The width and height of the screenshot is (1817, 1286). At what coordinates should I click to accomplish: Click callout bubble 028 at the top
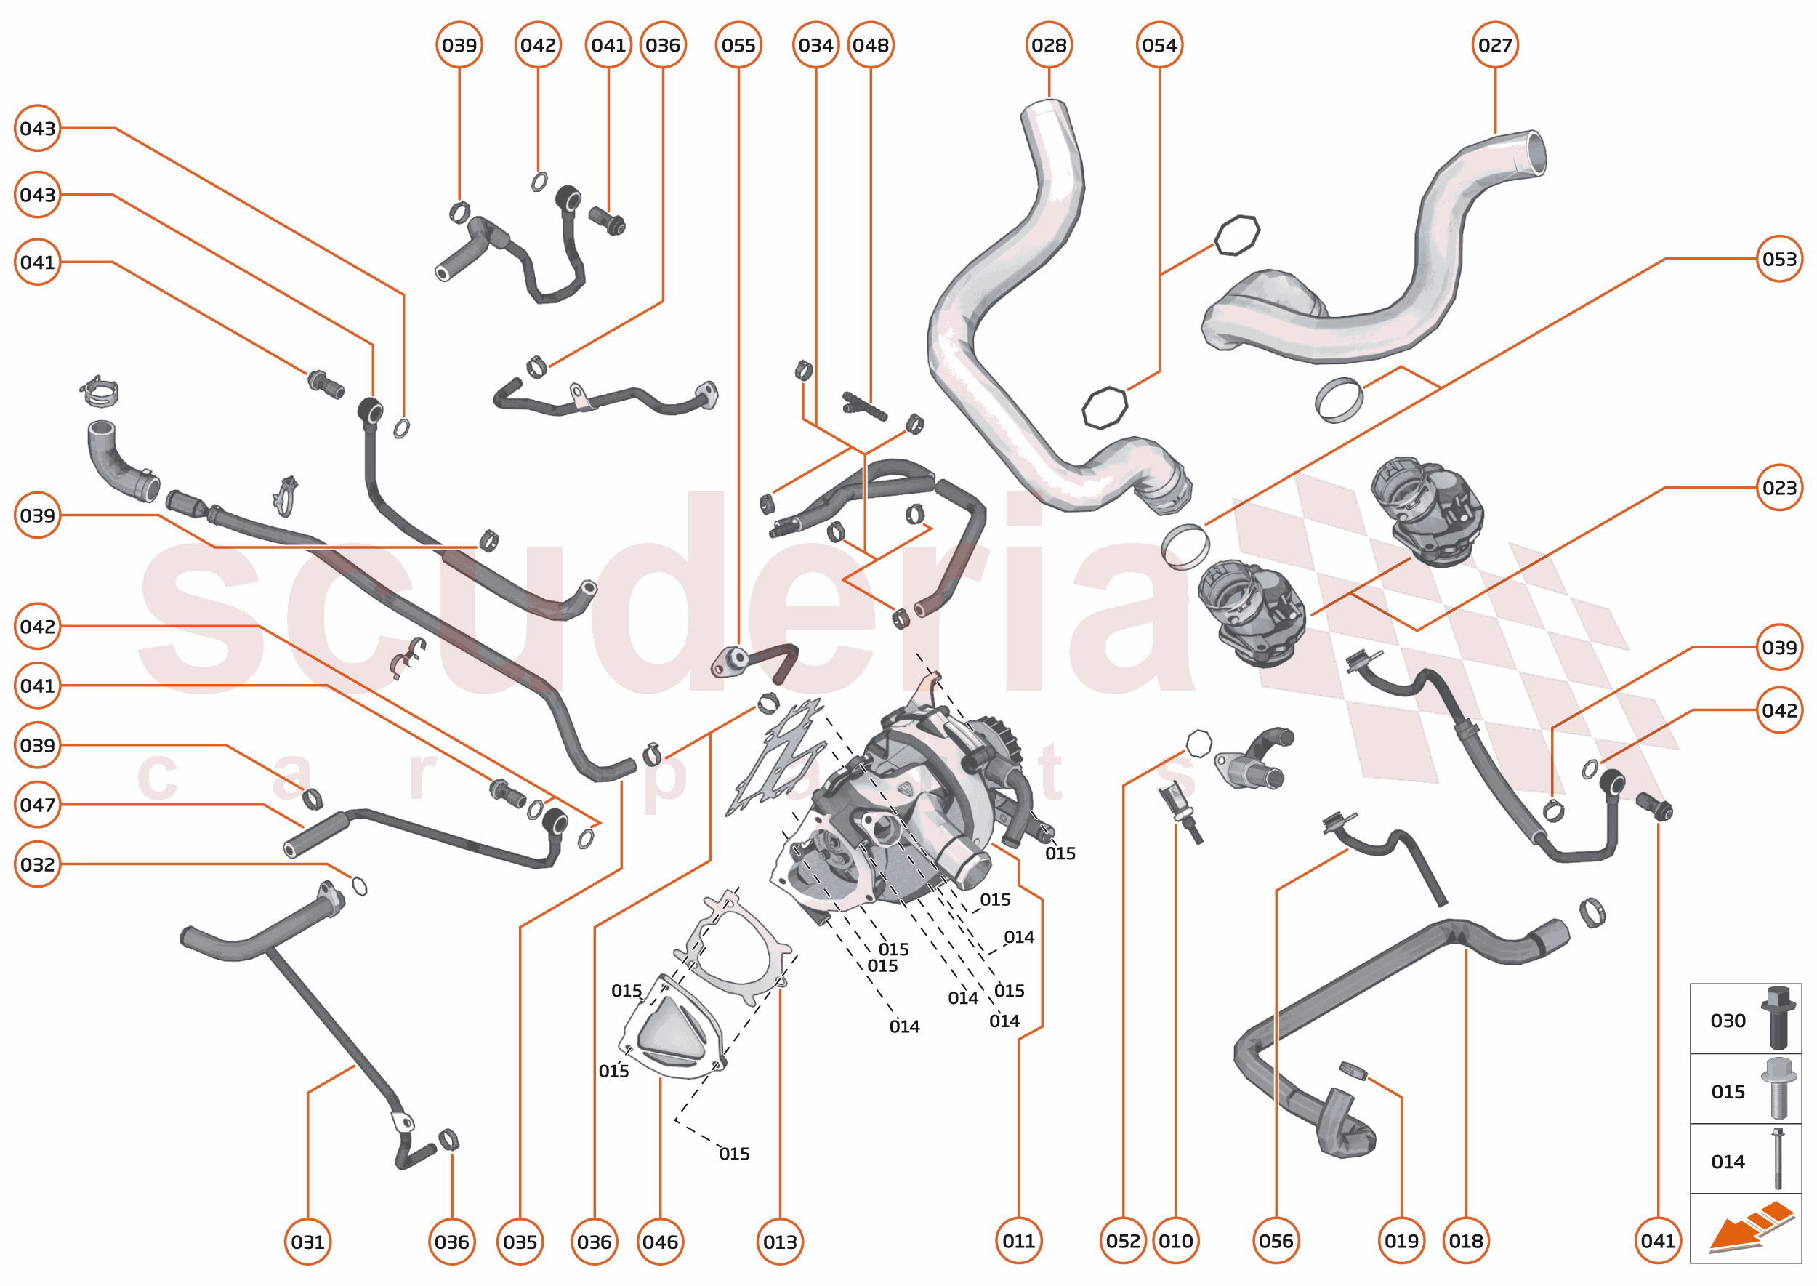(1048, 45)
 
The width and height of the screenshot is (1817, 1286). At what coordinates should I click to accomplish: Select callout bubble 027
(1495, 45)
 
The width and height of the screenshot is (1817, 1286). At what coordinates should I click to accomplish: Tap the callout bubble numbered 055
(738, 45)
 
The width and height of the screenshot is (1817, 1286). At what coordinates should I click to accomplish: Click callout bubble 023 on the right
(1779, 488)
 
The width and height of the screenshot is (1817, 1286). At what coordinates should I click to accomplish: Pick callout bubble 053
(1779, 259)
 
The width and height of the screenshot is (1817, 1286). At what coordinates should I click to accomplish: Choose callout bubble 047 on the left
(37, 805)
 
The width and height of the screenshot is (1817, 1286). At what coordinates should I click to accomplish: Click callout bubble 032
(37, 864)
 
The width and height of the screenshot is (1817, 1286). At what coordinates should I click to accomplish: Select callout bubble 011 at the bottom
(1018, 1241)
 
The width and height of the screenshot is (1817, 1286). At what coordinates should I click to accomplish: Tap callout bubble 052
(1123, 1241)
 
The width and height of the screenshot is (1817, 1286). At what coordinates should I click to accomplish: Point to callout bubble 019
(1401, 1241)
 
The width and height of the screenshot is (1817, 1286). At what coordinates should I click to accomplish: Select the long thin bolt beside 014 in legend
(1778, 1160)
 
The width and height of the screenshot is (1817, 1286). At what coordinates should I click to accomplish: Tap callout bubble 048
(870, 45)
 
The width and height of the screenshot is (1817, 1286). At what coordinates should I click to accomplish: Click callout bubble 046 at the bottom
(659, 1241)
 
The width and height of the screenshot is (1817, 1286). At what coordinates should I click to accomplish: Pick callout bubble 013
(780, 1241)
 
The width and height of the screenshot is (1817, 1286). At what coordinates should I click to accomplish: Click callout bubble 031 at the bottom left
(307, 1241)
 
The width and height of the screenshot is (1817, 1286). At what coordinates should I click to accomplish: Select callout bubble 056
(1276, 1241)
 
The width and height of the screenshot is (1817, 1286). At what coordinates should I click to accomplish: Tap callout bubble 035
(520, 1241)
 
